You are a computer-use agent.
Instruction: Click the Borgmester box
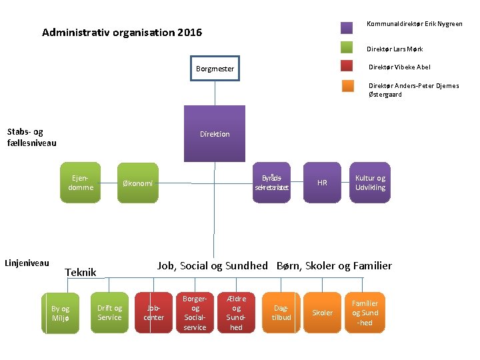[215, 69]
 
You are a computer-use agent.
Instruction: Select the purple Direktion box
[215, 134]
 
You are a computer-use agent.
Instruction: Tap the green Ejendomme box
[81, 183]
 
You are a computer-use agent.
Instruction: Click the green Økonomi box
[139, 183]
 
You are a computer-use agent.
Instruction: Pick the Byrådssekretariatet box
[272, 183]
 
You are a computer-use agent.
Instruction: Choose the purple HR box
[322, 183]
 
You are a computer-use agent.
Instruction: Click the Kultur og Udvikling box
[370, 183]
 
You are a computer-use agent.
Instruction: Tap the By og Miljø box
[61, 313]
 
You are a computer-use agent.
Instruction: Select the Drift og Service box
[109, 313]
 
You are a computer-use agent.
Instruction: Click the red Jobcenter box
[153, 313]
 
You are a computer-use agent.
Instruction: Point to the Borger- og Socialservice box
[195, 313]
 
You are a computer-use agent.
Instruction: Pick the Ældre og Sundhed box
[237, 313]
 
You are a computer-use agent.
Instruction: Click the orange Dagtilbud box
[281, 313]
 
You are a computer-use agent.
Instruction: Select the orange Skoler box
[323, 313]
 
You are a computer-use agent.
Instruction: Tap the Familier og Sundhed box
[365, 313]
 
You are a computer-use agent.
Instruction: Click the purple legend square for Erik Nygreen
[347, 27]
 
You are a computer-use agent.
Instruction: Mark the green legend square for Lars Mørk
[347, 47]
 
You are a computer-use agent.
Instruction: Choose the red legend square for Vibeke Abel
[347, 66]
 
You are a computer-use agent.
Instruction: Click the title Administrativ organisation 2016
[122, 33]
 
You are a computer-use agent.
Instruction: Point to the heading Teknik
[81, 272]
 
